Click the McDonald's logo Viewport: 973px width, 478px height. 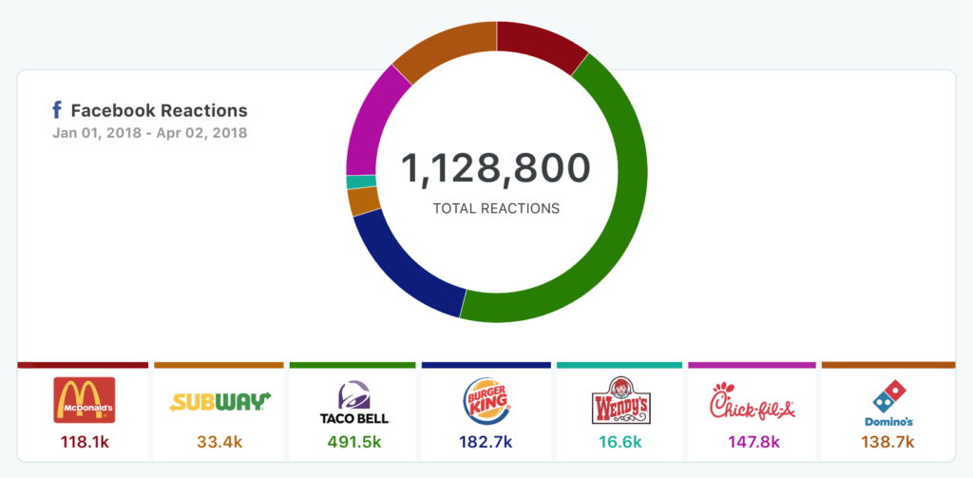point(85,400)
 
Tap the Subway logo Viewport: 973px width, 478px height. point(220,401)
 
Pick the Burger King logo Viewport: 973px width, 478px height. point(486,401)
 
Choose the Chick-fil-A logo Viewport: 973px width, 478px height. point(752,401)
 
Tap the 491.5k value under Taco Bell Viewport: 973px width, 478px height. point(353,441)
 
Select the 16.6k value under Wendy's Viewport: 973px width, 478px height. point(620,441)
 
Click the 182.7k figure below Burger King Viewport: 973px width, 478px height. point(486,441)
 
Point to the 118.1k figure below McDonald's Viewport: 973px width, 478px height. point(85,441)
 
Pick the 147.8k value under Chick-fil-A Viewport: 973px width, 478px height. point(752,441)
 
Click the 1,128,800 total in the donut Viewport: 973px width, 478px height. point(496,168)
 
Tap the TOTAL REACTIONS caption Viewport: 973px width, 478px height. point(496,208)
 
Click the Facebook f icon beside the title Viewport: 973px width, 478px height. point(58,110)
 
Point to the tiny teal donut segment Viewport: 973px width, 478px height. point(361,182)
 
